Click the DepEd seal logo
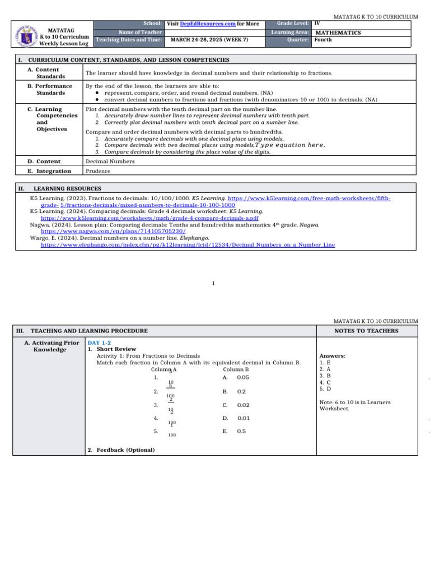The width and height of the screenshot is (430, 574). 25,34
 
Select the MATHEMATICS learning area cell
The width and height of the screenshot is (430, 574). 338,33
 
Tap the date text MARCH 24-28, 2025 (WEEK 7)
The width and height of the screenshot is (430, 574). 209,40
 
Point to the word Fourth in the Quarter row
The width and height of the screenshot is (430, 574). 322,40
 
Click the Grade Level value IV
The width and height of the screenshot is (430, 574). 317,24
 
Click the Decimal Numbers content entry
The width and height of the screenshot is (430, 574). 110,161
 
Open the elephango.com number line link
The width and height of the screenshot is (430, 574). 188,245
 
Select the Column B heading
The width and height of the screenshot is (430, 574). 236,369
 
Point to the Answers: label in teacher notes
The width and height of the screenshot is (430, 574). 332,356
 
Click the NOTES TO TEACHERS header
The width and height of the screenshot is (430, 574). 366,331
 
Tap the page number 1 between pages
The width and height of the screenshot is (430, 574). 214,283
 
